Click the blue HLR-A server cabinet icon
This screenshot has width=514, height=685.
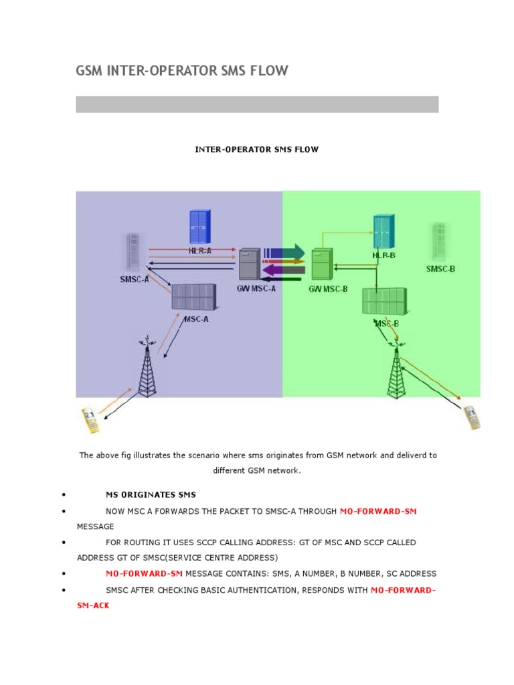click(198, 227)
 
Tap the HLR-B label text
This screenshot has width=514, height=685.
click(384, 256)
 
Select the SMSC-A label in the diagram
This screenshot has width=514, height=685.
click(135, 280)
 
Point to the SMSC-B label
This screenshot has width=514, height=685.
click(440, 269)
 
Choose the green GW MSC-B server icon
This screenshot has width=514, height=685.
click(321, 264)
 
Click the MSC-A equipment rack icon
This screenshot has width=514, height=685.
click(193, 296)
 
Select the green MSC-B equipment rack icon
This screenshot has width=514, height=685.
click(383, 301)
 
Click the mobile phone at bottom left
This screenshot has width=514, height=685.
click(90, 418)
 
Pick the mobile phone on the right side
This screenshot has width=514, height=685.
click(472, 417)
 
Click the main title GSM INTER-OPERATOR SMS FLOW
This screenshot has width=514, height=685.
click(182, 71)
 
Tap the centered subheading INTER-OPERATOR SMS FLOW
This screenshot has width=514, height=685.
click(256, 149)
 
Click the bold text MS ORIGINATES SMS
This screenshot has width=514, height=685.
click(151, 495)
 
